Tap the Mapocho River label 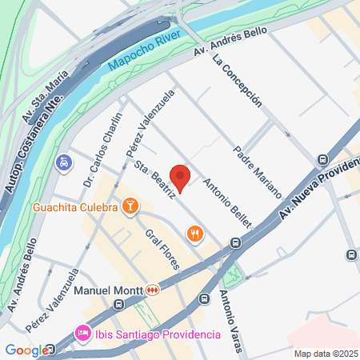144,54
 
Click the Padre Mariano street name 258,171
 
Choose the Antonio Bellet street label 227,201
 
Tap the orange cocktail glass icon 130,207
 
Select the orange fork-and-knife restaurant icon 194,234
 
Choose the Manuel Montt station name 107,289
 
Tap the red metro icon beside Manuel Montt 155,289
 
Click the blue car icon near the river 62,162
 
